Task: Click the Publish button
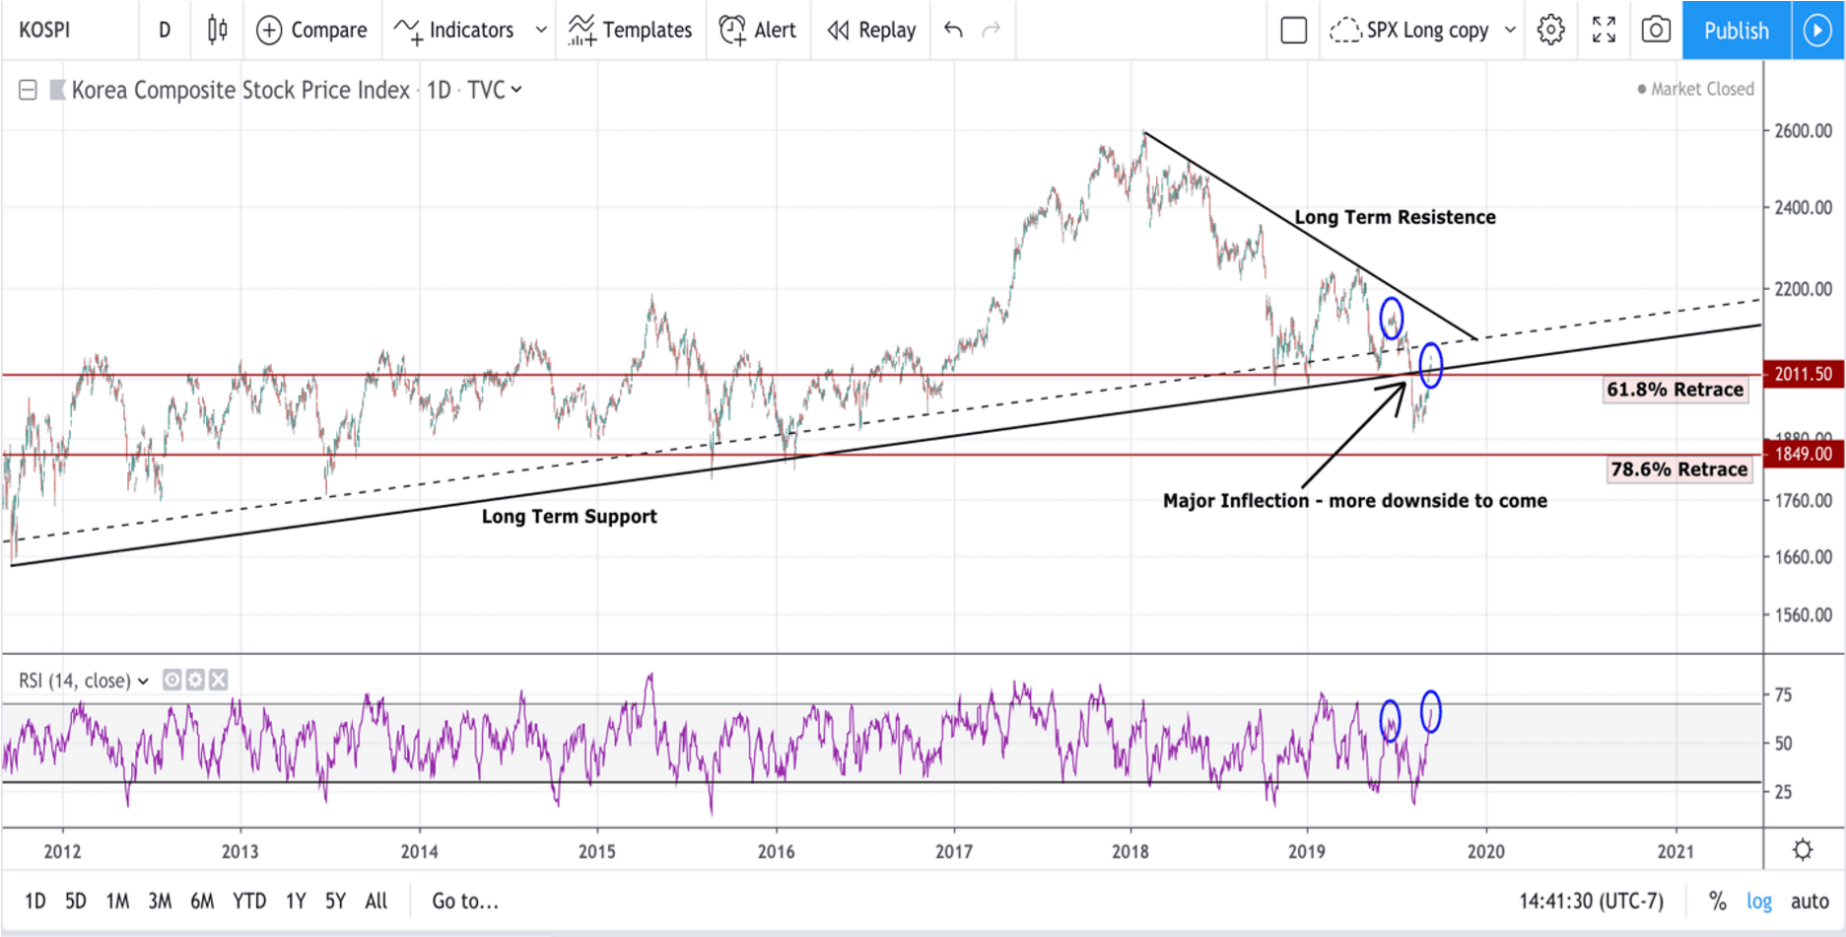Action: tap(1736, 31)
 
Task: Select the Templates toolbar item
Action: tap(631, 31)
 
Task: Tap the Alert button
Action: tap(758, 31)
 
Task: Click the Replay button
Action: tap(871, 31)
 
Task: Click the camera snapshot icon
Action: tap(1656, 31)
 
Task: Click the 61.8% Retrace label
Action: tap(1675, 390)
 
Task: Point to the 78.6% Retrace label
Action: tap(1678, 469)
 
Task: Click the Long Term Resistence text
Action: tap(1395, 217)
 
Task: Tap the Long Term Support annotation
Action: tap(569, 516)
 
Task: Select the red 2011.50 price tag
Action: tap(1803, 374)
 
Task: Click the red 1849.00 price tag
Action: tap(1803, 454)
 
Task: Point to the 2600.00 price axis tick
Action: tap(1803, 131)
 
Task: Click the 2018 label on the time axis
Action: tap(1130, 851)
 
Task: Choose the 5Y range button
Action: tap(335, 901)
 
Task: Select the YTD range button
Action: tap(248, 901)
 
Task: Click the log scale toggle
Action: tap(1759, 901)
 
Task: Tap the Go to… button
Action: tap(465, 901)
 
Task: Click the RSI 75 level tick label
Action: tap(1783, 695)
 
